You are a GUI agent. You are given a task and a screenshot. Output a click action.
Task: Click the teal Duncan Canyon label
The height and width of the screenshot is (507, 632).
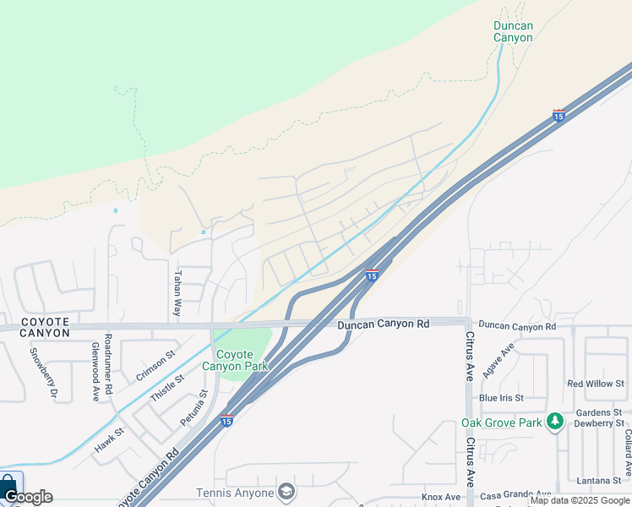tap(513, 31)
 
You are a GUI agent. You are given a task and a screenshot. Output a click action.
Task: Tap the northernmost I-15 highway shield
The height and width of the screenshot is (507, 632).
tap(558, 115)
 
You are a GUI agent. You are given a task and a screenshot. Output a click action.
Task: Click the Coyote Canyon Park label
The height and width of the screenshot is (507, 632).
tap(241, 360)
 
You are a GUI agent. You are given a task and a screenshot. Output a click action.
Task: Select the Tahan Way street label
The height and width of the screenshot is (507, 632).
tap(177, 293)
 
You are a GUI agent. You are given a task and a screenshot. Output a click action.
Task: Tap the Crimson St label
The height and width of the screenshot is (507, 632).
tap(155, 365)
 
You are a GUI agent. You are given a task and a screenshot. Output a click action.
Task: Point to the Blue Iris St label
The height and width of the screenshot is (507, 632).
tap(501, 398)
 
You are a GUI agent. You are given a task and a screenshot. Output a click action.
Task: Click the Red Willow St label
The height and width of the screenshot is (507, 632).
tap(596, 384)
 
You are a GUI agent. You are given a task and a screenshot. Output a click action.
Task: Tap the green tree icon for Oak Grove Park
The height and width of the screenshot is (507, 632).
tap(554, 422)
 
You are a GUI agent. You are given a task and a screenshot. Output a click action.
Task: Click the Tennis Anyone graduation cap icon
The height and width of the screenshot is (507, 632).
tap(286, 492)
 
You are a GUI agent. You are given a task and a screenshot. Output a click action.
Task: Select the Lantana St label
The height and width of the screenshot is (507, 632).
tap(602, 480)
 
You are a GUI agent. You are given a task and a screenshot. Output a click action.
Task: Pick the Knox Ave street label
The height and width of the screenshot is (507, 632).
tap(441, 497)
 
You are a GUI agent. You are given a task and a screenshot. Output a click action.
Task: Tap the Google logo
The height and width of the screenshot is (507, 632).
tap(28, 497)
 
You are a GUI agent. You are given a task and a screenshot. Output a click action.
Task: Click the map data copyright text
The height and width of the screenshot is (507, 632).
tap(580, 501)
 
